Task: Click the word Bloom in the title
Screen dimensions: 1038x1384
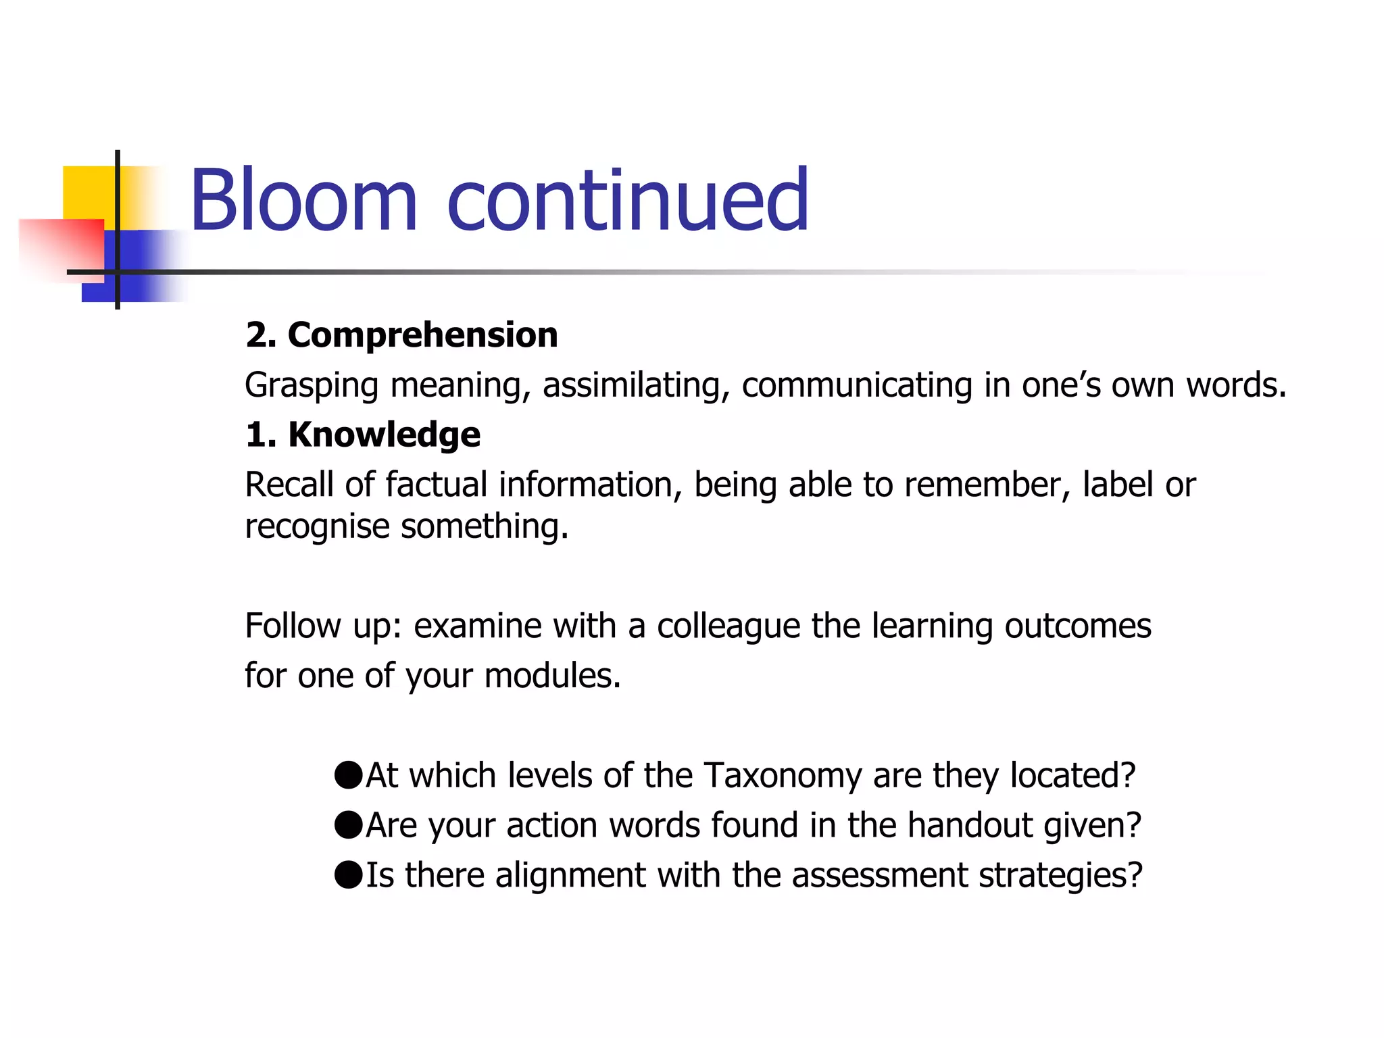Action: [303, 201]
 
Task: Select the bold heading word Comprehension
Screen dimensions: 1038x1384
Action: [423, 335]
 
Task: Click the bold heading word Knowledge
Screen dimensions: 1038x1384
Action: [385, 435]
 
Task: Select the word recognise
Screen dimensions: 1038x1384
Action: [317, 526]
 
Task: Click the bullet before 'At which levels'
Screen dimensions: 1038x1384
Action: [349, 775]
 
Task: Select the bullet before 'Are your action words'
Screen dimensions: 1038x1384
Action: [349, 825]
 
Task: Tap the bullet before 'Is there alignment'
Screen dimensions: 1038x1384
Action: [349, 874]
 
